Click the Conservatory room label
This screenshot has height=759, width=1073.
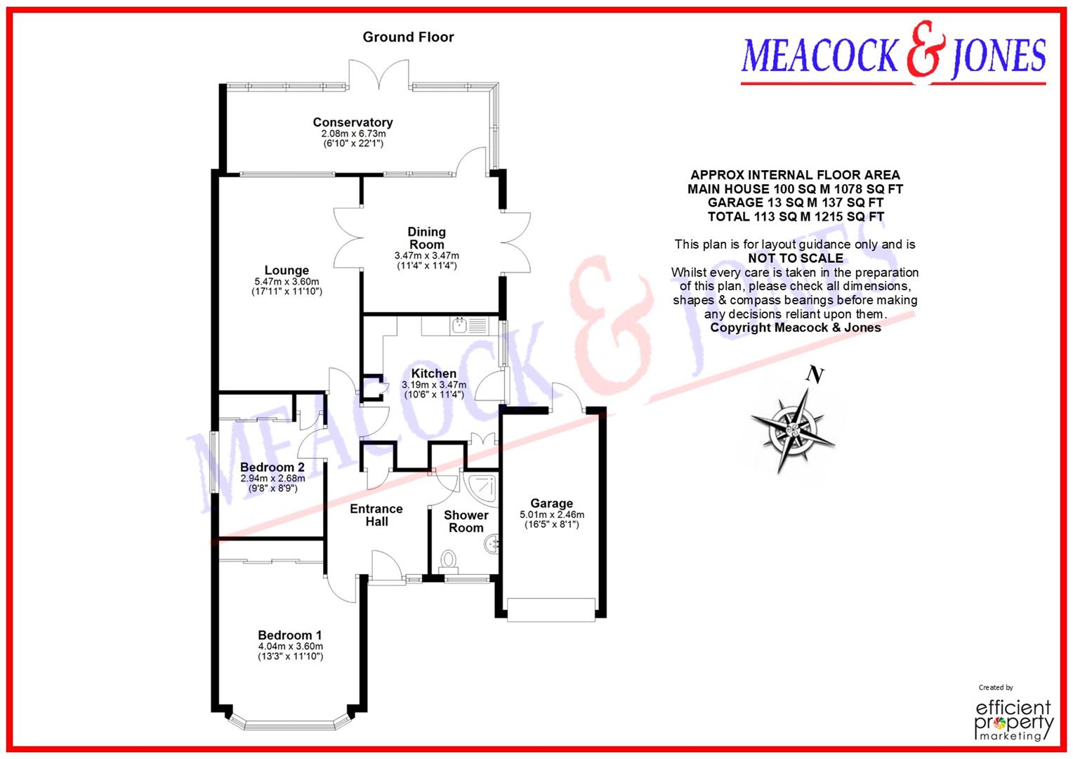[x=353, y=122]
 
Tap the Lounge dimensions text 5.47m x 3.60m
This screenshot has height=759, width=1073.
[x=287, y=281]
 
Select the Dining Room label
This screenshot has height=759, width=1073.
[x=426, y=238]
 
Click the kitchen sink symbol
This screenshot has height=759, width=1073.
[x=461, y=325]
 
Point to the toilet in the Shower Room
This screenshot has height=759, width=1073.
[x=447, y=561]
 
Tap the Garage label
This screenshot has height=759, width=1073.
[x=551, y=503]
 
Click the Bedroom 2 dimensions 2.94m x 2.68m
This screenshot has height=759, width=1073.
[x=272, y=479]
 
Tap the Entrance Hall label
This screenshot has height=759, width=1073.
[x=376, y=515]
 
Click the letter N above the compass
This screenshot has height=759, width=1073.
[x=815, y=375]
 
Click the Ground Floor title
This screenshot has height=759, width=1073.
[x=408, y=37]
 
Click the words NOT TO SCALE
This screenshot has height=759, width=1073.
[x=795, y=259]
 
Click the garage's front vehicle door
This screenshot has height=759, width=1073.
[x=551, y=609]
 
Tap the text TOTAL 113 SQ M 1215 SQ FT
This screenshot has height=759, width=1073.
[x=795, y=216]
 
